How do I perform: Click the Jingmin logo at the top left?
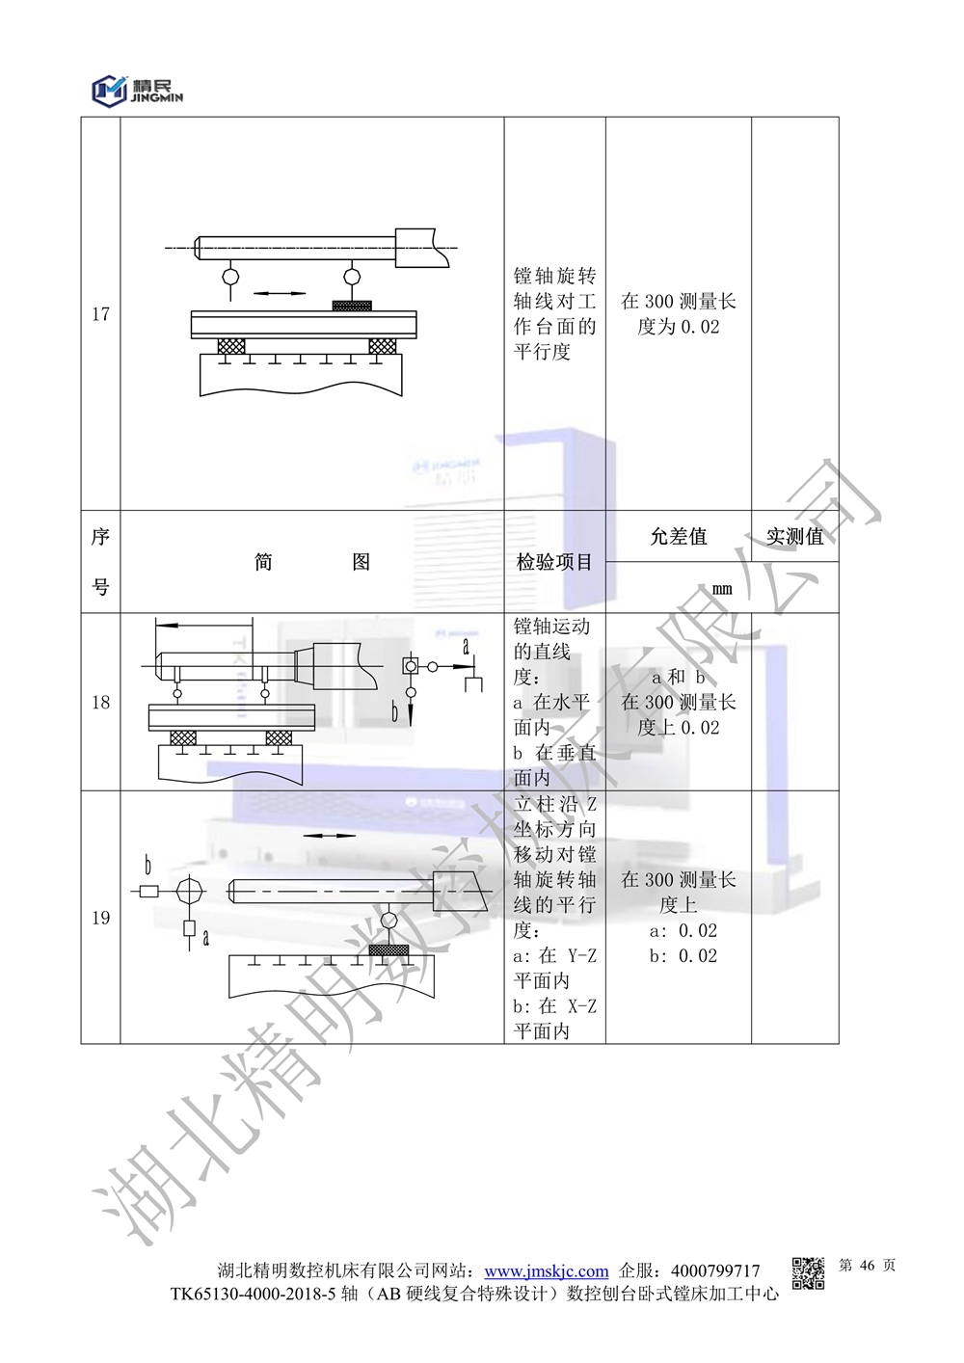coord(136,89)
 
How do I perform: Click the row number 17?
coord(100,314)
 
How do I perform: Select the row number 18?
coord(100,703)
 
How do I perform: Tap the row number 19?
coord(100,918)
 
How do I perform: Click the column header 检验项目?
coord(554,562)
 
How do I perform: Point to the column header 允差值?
coord(678,537)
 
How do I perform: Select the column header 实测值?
coord(794,537)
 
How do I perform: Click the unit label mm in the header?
coord(722,588)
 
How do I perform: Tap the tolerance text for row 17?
coord(678,314)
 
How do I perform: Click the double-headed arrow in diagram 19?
coord(329,836)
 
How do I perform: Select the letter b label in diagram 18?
coord(394,712)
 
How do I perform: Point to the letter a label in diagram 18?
coord(467,647)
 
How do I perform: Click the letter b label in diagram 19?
coord(147,865)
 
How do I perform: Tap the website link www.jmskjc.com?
coord(546,1271)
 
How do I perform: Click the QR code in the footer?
coord(808,1272)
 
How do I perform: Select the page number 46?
coord(866,1266)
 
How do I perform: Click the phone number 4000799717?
coord(714,1271)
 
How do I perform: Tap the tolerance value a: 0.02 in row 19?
coord(683,930)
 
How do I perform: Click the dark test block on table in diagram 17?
coord(352,306)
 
